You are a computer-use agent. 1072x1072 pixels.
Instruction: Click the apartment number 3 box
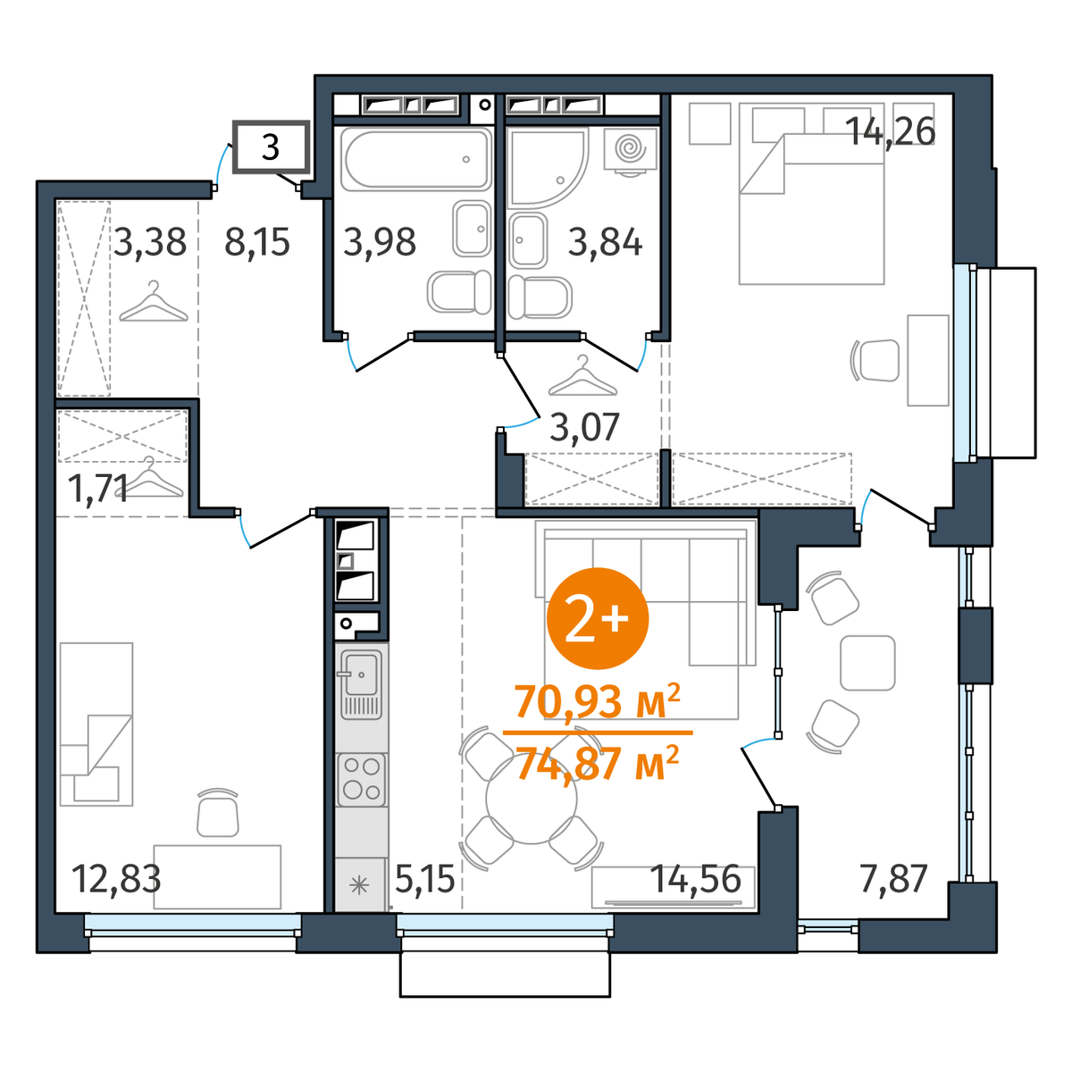coord(271,147)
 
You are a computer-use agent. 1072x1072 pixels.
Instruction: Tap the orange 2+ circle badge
coord(598,618)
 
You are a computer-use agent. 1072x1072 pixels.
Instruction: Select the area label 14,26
coord(890,132)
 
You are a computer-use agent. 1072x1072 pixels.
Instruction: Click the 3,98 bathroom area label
coord(380,243)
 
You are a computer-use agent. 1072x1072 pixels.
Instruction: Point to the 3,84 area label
coord(605,243)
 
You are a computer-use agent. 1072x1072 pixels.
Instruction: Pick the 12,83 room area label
coord(117,879)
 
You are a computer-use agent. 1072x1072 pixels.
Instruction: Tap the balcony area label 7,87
coord(893,878)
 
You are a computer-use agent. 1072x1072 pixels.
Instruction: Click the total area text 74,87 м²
coord(598,763)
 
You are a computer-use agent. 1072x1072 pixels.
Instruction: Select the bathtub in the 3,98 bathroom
coord(416,159)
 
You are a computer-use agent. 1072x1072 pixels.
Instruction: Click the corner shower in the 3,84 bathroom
coord(548,167)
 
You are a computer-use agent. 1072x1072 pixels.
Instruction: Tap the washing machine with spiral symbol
coord(631,151)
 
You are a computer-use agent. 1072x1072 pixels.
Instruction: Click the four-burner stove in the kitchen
coord(361,779)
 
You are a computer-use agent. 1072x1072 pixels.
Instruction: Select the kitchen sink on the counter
coord(361,684)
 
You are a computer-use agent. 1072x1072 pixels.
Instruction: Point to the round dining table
coord(532,799)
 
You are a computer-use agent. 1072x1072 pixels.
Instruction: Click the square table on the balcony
coord(867,663)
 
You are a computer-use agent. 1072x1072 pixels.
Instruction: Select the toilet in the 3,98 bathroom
coord(459,292)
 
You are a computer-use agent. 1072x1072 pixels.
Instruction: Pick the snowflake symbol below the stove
coord(359,885)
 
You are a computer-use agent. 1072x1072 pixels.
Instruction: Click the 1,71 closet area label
coord(98,489)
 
